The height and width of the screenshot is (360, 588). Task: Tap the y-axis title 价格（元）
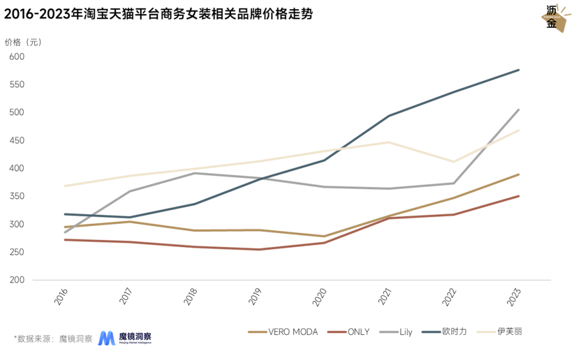click(23, 42)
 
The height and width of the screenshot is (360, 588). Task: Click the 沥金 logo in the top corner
click(555, 19)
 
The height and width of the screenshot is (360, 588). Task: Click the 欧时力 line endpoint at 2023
click(518, 70)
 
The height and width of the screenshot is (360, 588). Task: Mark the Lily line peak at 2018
click(194, 173)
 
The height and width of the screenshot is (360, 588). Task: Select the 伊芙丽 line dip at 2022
click(454, 162)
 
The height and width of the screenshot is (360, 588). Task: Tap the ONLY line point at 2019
click(259, 249)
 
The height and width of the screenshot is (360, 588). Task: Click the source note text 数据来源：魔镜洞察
click(53, 338)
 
